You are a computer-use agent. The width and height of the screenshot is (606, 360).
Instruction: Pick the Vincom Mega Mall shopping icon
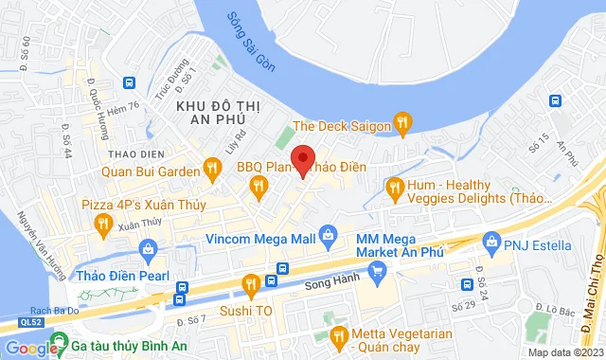coord(328,233)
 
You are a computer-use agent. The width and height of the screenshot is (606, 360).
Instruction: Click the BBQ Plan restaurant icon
coord(257,189)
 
